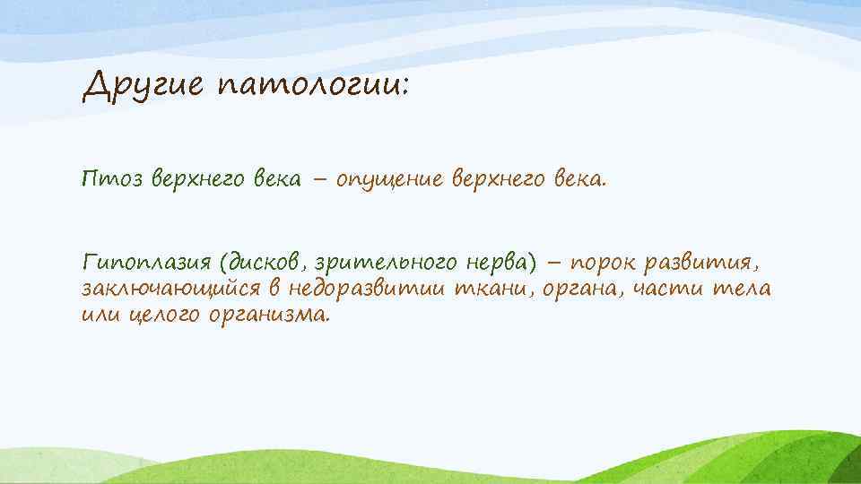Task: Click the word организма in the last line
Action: click(269, 316)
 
